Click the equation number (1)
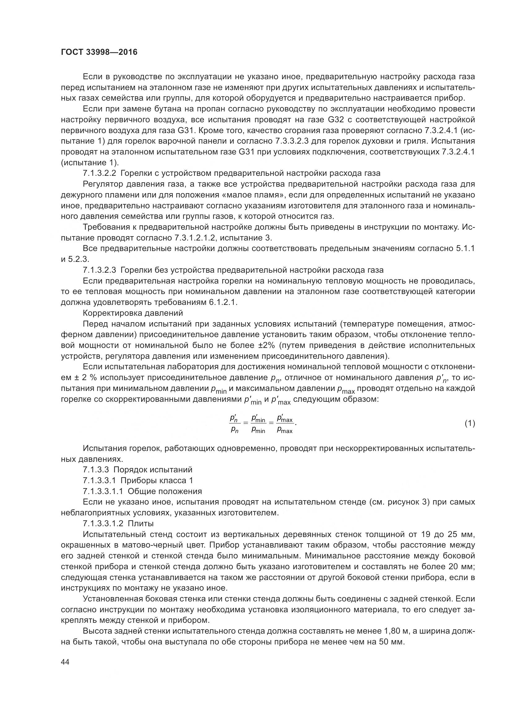pos(470,423)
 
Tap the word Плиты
pos(141,523)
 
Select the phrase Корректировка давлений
pos(133,313)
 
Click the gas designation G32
pos(337,119)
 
